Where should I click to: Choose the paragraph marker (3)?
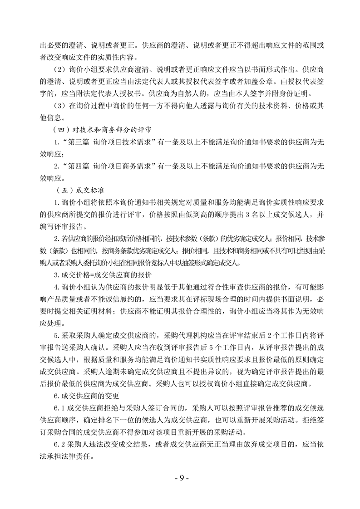pyautogui.click(x=58, y=106)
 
